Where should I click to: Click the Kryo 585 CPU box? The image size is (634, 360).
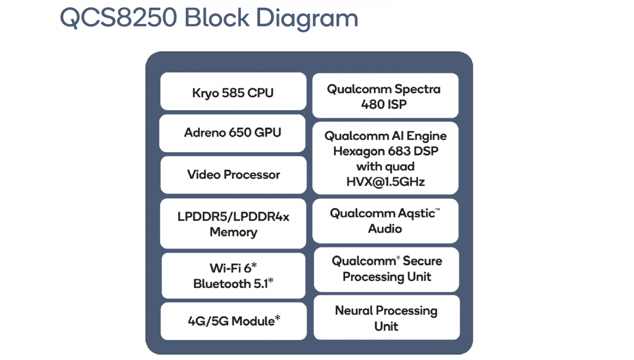point(233,92)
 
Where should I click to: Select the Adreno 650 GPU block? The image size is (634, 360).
point(232,133)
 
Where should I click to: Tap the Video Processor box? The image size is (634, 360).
point(233,175)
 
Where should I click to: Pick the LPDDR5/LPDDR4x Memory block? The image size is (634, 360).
point(233,224)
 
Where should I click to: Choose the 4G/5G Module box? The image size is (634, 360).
point(233,321)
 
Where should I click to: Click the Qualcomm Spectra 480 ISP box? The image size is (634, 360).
point(385,96)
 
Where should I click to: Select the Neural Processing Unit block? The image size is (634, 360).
point(386,318)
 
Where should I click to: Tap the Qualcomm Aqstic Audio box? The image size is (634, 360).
point(385,221)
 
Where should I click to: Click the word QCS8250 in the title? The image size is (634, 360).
point(119,18)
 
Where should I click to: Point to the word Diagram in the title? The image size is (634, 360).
point(307,19)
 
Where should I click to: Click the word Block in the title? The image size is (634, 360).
point(217,18)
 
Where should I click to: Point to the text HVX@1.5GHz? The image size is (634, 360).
point(385,182)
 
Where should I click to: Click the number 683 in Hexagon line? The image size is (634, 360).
point(399,151)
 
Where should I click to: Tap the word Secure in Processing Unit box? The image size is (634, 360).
point(422,261)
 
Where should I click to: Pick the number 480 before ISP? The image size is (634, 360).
point(373,105)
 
